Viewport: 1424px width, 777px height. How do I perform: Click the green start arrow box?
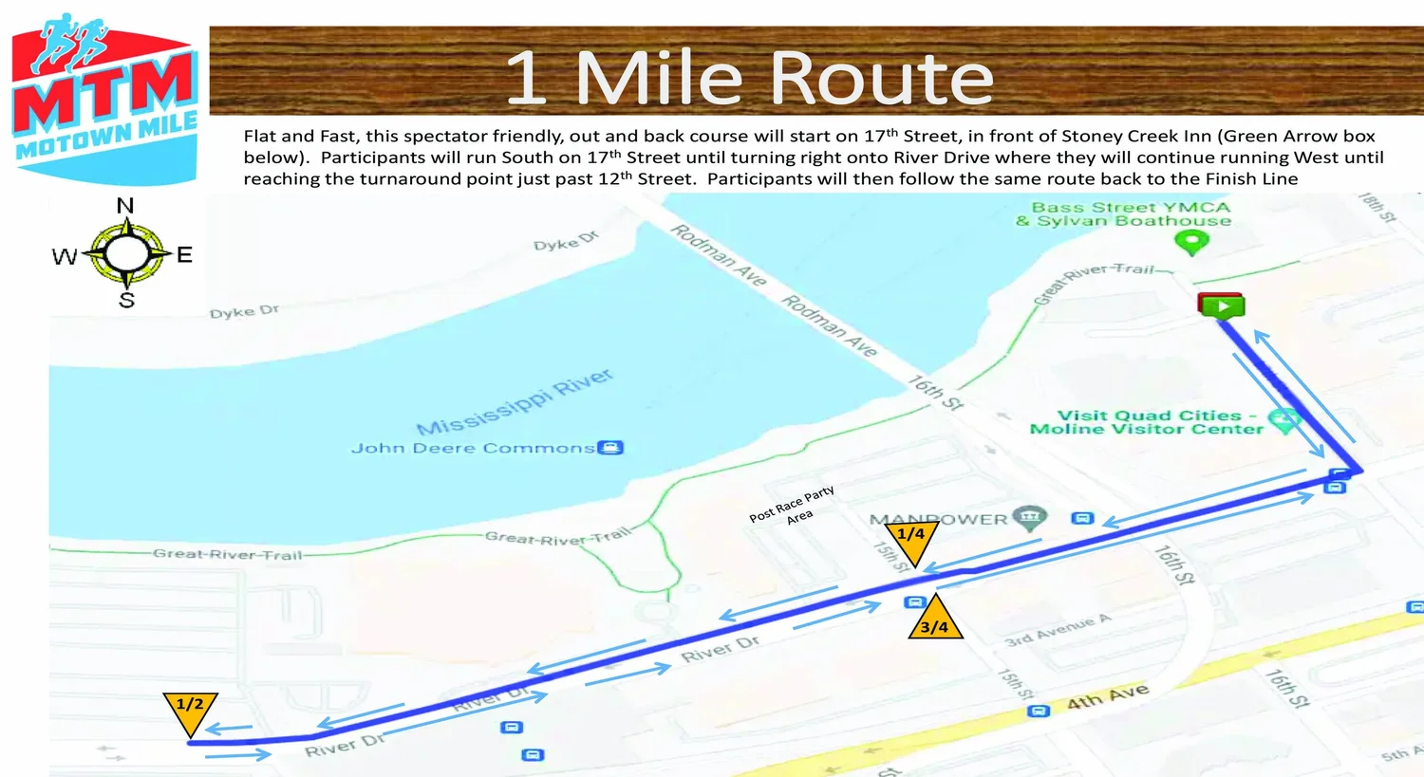(x=1222, y=305)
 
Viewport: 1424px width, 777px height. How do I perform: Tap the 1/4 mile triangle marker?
(x=910, y=539)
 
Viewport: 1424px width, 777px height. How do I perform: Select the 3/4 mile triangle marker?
(x=935, y=621)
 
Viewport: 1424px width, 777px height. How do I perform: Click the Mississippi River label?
(x=515, y=401)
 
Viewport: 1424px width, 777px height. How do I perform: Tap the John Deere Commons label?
(x=473, y=448)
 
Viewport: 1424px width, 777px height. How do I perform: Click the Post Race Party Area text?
(x=793, y=505)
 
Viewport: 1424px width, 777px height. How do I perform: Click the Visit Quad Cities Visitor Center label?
(x=1148, y=422)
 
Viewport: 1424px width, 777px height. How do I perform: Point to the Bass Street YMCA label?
(x=1131, y=207)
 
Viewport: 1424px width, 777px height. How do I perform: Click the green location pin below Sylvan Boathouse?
(x=1191, y=243)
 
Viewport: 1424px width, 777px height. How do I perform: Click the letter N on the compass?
(x=125, y=206)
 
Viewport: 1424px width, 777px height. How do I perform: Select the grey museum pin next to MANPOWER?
(x=1029, y=517)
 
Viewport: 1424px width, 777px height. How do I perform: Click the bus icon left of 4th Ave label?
(x=1040, y=711)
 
